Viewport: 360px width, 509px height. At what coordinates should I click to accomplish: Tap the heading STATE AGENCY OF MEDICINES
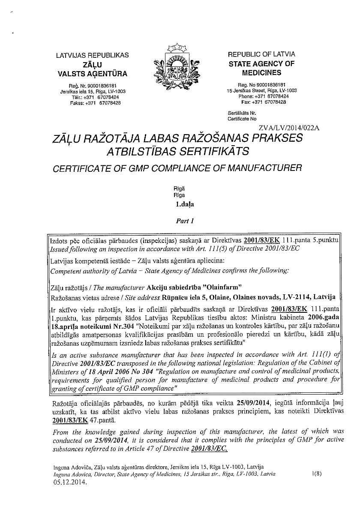coord(261,68)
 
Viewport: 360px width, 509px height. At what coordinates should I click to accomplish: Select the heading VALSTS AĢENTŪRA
coord(92,73)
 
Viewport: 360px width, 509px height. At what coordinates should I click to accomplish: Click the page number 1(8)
coord(318,474)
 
